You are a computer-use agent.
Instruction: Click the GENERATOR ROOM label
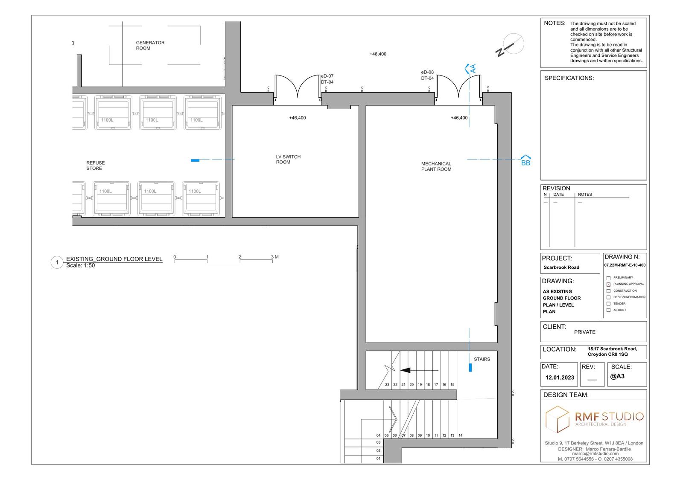click(x=150, y=45)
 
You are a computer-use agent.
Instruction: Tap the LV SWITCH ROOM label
click(x=288, y=160)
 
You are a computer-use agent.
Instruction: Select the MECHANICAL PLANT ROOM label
click(x=436, y=166)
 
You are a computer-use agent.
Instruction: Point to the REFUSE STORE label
click(x=96, y=166)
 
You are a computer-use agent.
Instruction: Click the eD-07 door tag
click(x=327, y=76)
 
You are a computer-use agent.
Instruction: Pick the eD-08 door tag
click(x=427, y=72)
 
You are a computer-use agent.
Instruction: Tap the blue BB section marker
click(x=525, y=160)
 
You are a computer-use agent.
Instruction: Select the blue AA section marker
click(x=470, y=69)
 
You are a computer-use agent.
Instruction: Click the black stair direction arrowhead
click(x=405, y=370)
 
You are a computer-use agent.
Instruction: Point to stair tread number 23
click(x=387, y=384)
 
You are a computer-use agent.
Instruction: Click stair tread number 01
click(x=378, y=458)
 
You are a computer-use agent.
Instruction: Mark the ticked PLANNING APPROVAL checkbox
click(x=608, y=284)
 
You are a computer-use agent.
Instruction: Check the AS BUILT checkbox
click(x=608, y=310)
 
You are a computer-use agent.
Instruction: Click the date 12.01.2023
click(x=560, y=377)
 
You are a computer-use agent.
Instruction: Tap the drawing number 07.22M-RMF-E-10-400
click(x=625, y=265)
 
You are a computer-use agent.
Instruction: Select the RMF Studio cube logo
click(x=557, y=419)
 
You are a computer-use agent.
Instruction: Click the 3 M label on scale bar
click(x=275, y=257)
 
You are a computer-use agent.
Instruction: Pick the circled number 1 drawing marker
click(x=57, y=262)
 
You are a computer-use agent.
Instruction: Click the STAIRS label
click(x=482, y=359)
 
